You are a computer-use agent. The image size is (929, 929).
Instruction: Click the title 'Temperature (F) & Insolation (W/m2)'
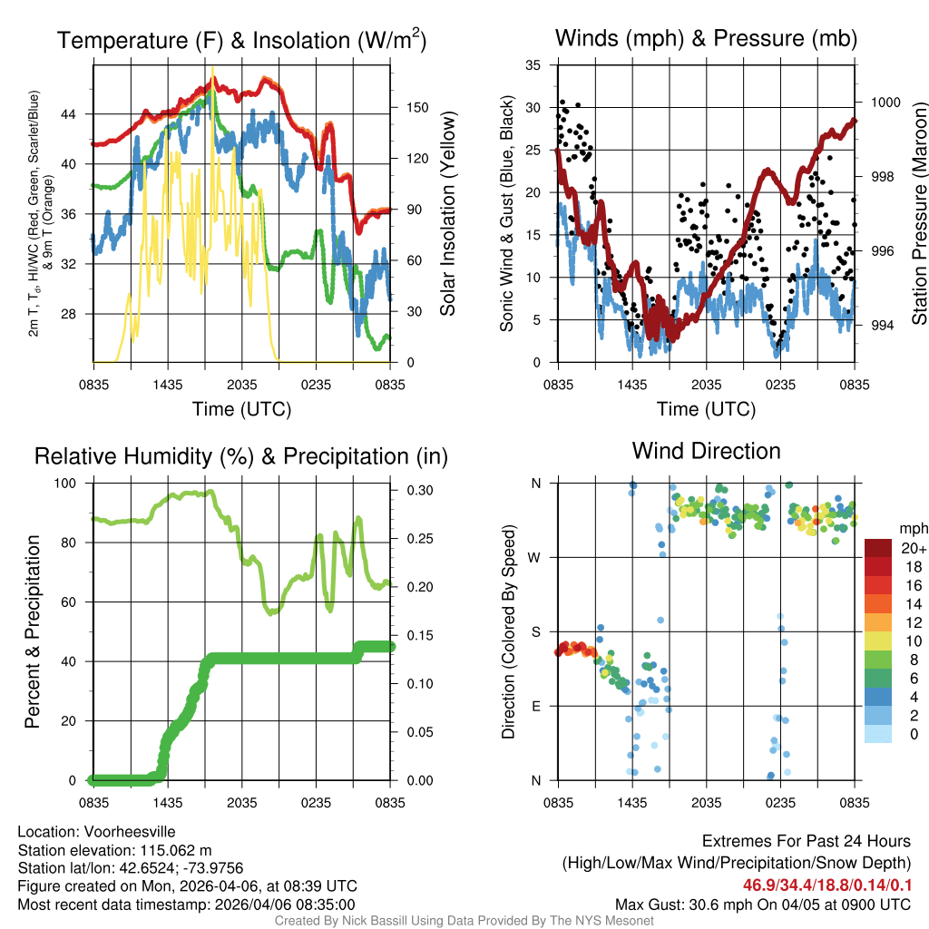(x=241, y=40)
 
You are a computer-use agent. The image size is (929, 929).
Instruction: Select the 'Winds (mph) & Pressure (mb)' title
(x=706, y=38)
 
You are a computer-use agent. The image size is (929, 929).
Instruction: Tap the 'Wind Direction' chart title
(x=706, y=451)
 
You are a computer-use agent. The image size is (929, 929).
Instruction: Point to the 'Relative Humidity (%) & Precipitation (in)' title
(x=241, y=455)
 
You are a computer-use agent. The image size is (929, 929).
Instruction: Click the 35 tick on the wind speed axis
(x=533, y=65)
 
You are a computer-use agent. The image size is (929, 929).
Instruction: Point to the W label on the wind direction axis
(x=536, y=558)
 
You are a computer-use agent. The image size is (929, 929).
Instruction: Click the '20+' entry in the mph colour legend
(x=912, y=549)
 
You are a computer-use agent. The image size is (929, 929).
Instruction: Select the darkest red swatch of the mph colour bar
(x=878, y=548)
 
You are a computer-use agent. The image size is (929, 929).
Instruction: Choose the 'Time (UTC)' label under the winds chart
(x=706, y=409)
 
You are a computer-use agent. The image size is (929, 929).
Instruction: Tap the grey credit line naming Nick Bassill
(x=464, y=921)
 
